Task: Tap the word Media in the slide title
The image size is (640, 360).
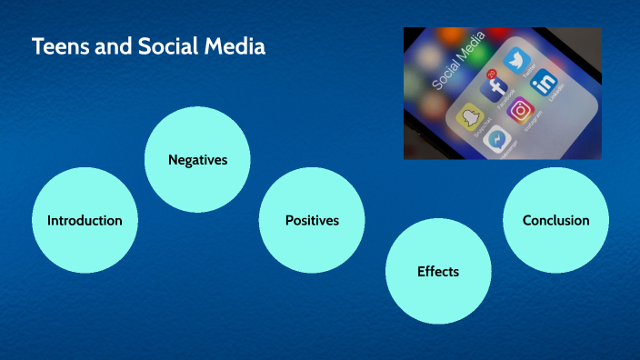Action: pos(234,47)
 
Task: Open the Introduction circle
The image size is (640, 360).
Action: pos(85,220)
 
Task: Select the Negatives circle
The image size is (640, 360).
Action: pos(197,160)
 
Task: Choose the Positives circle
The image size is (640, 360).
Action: pos(312,220)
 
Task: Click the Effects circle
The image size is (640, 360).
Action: pos(438,271)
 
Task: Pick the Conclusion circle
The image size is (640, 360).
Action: pos(555,220)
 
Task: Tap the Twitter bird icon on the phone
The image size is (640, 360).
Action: pos(517,61)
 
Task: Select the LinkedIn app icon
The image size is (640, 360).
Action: pos(545,83)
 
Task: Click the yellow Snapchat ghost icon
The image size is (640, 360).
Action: pos(470,117)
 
